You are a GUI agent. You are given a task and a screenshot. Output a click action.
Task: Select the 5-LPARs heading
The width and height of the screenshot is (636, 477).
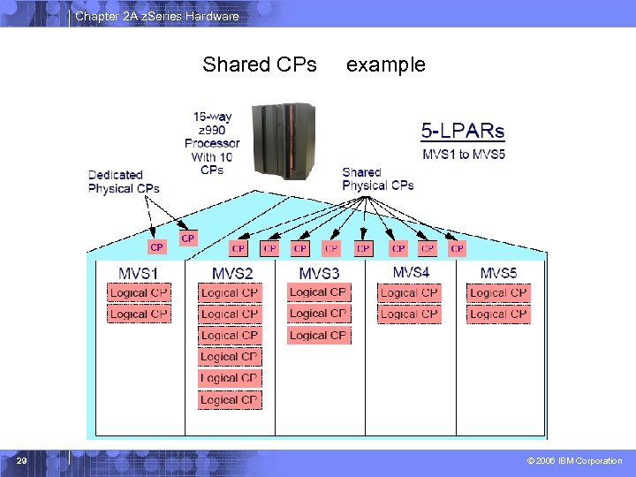[x=462, y=132]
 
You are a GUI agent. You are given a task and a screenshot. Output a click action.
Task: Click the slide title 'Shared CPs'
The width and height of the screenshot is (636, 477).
[x=260, y=64]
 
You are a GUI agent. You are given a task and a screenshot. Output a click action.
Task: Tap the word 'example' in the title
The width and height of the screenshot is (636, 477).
[x=385, y=64]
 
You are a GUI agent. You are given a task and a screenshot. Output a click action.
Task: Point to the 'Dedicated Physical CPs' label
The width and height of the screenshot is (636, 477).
[x=124, y=182]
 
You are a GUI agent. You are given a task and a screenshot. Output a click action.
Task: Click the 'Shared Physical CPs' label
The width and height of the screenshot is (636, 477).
[x=377, y=178]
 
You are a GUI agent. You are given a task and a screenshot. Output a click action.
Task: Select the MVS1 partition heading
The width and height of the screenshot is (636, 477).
[x=138, y=273]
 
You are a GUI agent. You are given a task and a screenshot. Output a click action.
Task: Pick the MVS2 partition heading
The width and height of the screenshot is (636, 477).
[x=232, y=273]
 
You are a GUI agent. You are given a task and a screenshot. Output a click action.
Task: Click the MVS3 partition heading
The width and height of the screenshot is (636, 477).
[x=319, y=273]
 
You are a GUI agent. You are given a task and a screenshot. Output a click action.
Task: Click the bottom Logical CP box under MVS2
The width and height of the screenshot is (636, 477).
[x=229, y=399]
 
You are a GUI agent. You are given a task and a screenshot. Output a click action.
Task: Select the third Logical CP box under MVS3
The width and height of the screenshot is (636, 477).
[x=318, y=335]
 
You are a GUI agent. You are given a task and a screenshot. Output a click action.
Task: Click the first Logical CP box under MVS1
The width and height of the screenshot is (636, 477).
[x=139, y=292]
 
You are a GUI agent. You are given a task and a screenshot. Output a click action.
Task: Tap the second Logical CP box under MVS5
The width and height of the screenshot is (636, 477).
[x=498, y=314]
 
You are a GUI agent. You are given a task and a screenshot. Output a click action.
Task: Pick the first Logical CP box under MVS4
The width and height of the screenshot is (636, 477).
[x=409, y=292]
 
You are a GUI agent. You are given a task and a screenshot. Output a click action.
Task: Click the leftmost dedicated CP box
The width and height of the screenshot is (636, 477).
[x=156, y=247]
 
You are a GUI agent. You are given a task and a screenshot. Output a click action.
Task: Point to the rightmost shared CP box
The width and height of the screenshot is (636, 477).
[x=457, y=249]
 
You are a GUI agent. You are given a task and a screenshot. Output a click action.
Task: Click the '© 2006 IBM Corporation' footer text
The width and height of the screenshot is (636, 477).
[x=574, y=461]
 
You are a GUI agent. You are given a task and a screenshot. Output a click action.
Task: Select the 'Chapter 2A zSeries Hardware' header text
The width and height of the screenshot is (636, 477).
[x=156, y=16]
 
